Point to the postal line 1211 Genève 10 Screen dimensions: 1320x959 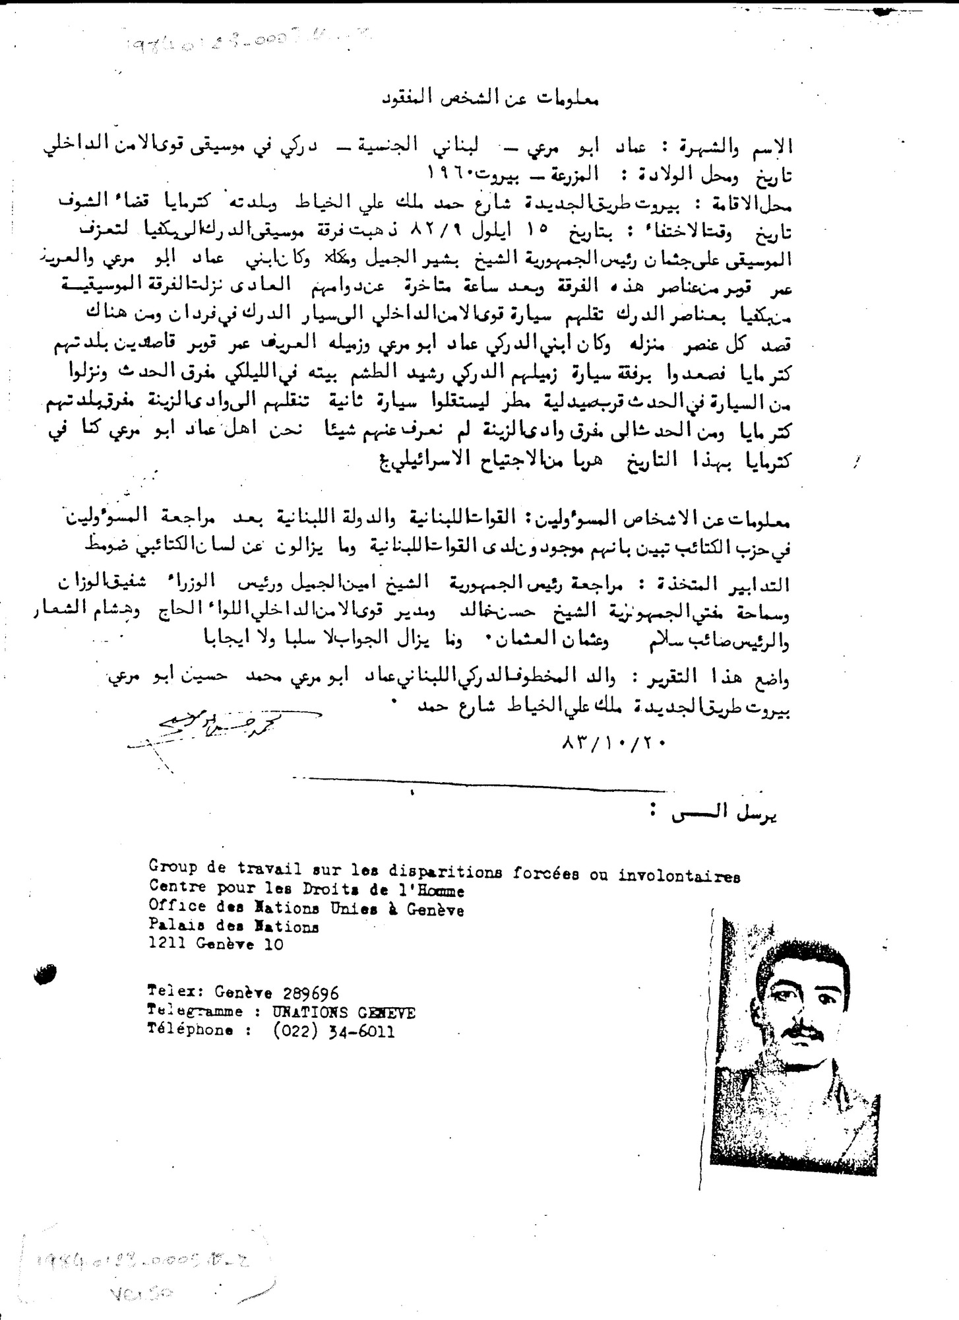(x=216, y=944)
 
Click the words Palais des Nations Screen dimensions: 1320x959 (x=233, y=927)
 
